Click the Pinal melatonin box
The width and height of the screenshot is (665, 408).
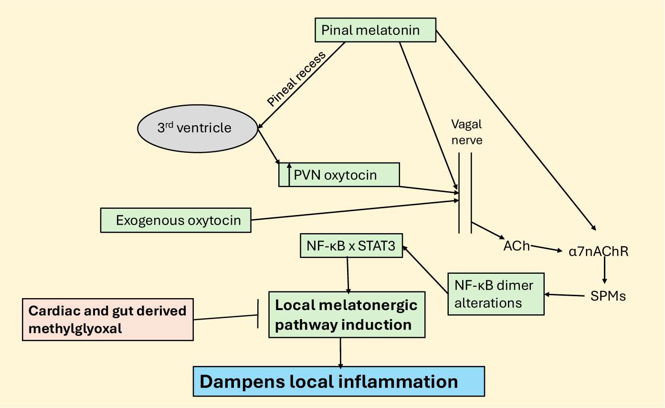(x=376, y=30)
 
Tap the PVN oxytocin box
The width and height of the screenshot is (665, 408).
(x=339, y=175)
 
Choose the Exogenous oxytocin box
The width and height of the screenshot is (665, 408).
(x=176, y=220)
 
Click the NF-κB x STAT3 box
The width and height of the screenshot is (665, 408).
(x=351, y=246)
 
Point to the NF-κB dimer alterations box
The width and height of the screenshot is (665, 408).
(x=496, y=294)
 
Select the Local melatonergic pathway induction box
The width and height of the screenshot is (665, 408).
(x=347, y=315)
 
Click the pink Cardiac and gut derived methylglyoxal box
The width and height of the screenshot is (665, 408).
(x=108, y=320)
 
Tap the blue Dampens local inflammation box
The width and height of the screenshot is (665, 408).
(x=338, y=382)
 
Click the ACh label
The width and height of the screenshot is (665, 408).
(x=517, y=247)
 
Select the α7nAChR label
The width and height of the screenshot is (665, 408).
(x=599, y=251)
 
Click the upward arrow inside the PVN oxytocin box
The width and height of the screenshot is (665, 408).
(x=289, y=175)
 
